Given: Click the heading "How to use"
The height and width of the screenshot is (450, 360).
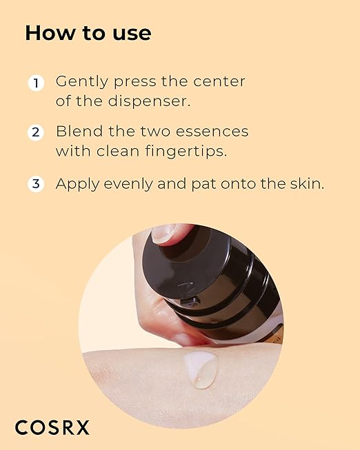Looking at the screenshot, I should pyautogui.click(x=88, y=33).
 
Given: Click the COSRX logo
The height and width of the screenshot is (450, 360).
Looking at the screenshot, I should pyautogui.click(x=52, y=427).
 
